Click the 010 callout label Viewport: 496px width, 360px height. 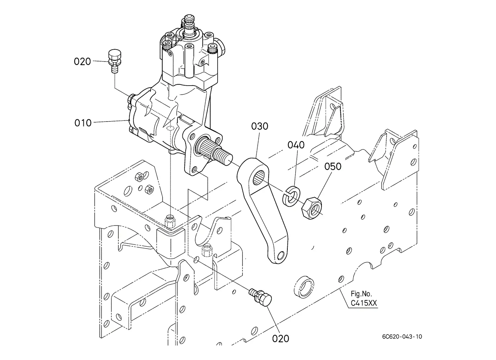pos(83,123)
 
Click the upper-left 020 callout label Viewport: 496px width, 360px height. pos(82,61)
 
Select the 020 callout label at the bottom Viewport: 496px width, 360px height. pos(281,339)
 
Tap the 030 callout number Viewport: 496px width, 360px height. pos(260,127)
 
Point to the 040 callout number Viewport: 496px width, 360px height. pos(296,145)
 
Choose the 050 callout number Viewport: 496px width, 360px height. pos(333,167)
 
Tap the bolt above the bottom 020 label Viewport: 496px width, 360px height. pos(260,298)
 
